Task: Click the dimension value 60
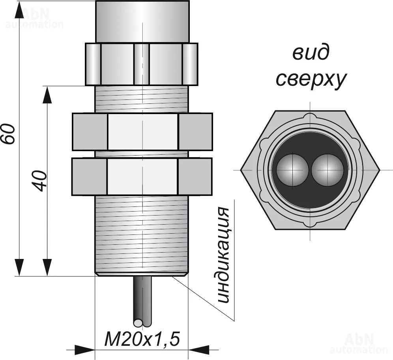(x=9, y=134)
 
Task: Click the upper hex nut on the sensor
(x=142, y=132)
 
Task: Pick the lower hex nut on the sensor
(x=142, y=176)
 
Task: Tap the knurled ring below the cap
(x=142, y=64)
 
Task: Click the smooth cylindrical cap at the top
(x=142, y=22)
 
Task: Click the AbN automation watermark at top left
(x=35, y=18)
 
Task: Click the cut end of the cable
(x=142, y=323)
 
